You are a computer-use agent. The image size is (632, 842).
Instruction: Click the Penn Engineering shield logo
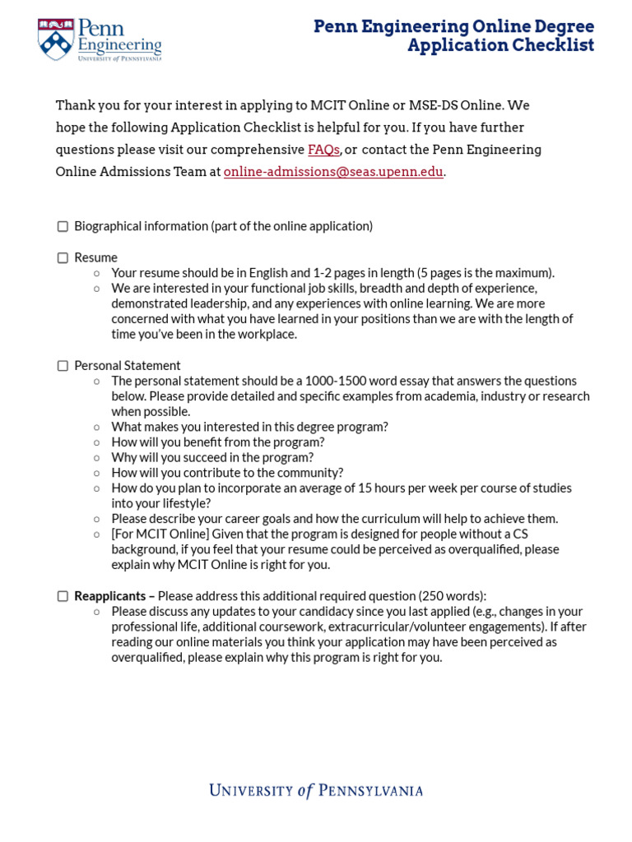coord(56,39)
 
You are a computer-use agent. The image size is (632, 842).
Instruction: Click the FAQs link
coord(323,150)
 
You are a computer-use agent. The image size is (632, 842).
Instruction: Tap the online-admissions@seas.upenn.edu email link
coord(333,172)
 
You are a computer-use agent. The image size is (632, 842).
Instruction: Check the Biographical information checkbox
coord(63,226)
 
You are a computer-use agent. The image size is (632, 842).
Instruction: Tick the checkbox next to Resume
coord(63,257)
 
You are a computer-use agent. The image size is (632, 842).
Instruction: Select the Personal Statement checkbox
coord(63,366)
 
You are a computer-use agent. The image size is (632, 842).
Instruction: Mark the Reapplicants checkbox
coord(63,596)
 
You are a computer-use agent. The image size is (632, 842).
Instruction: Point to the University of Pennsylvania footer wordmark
coord(316,791)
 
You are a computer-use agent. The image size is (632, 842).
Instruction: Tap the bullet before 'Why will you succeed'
coord(97,458)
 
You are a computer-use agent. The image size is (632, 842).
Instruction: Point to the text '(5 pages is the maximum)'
coord(486,273)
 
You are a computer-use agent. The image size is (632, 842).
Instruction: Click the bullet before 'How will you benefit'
coord(97,442)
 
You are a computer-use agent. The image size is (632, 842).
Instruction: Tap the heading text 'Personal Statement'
coord(128,366)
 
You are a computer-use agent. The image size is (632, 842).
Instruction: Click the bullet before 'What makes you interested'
coord(97,427)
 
